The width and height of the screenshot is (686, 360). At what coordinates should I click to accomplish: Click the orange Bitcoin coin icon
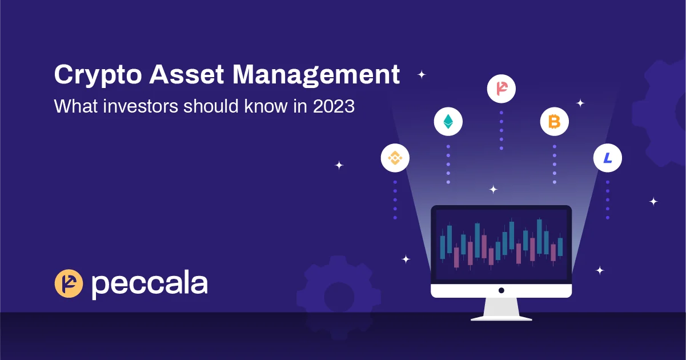click(x=554, y=121)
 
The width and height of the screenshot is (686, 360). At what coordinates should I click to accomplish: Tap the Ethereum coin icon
click(x=448, y=121)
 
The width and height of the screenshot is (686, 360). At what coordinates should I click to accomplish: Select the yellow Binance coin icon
click(x=395, y=158)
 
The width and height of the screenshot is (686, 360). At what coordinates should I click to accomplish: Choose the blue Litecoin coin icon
click(x=607, y=158)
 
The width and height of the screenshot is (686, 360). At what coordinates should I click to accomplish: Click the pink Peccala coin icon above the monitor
click(x=501, y=89)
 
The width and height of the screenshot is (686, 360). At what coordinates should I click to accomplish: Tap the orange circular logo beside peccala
click(x=69, y=283)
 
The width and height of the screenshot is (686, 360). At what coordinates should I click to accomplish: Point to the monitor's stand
click(x=501, y=309)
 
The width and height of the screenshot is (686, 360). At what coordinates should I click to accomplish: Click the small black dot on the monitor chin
click(x=501, y=290)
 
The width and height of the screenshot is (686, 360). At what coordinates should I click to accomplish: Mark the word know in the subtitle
click(x=266, y=106)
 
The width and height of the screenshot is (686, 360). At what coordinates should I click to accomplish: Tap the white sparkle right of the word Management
click(x=422, y=74)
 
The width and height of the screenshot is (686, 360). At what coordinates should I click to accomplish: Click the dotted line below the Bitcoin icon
click(x=554, y=164)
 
